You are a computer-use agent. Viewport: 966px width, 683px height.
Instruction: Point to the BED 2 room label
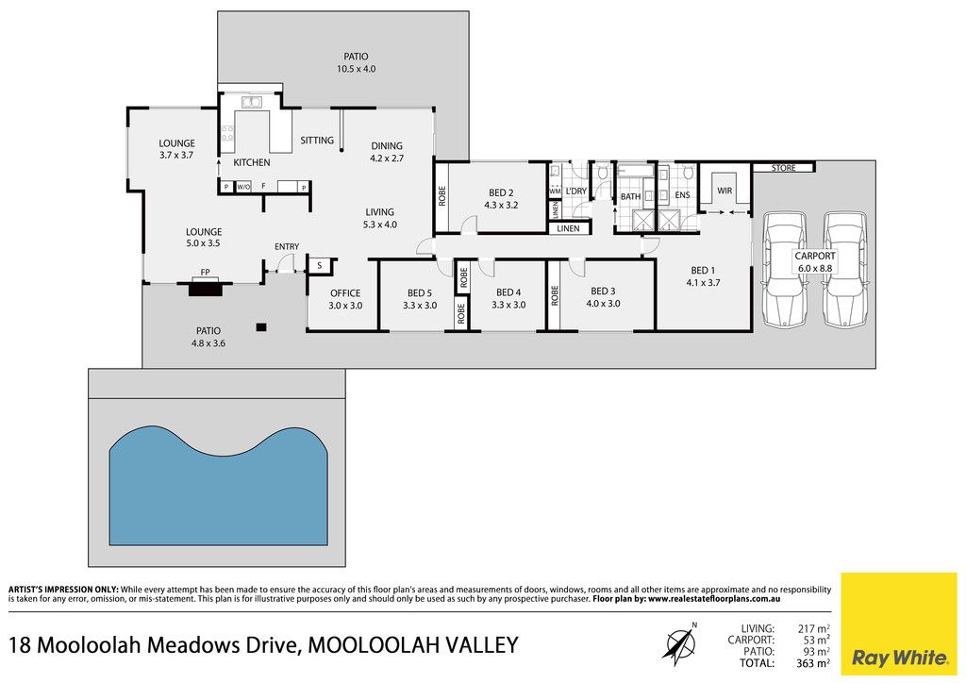click(501, 192)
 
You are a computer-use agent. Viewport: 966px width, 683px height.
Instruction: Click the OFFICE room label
click(345, 293)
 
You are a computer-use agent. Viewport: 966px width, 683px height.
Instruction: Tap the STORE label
click(784, 168)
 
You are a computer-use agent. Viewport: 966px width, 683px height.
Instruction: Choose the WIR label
click(724, 191)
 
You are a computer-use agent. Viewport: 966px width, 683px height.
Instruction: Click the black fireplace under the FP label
click(205, 287)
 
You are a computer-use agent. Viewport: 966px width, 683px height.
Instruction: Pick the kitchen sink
click(251, 102)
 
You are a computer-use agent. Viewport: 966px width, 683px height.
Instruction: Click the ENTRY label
click(287, 247)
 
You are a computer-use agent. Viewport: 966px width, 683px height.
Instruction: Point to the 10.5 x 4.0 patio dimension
click(356, 69)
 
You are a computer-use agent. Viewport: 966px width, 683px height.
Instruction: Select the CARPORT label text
click(815, 256)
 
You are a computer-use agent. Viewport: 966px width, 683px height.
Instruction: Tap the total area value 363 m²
click(812, 663)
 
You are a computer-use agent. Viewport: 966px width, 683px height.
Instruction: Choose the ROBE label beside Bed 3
click(555, 295)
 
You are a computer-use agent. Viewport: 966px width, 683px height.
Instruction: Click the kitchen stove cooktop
click(227, 134)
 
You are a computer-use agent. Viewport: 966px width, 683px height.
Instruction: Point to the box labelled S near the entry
click(319, 265)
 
